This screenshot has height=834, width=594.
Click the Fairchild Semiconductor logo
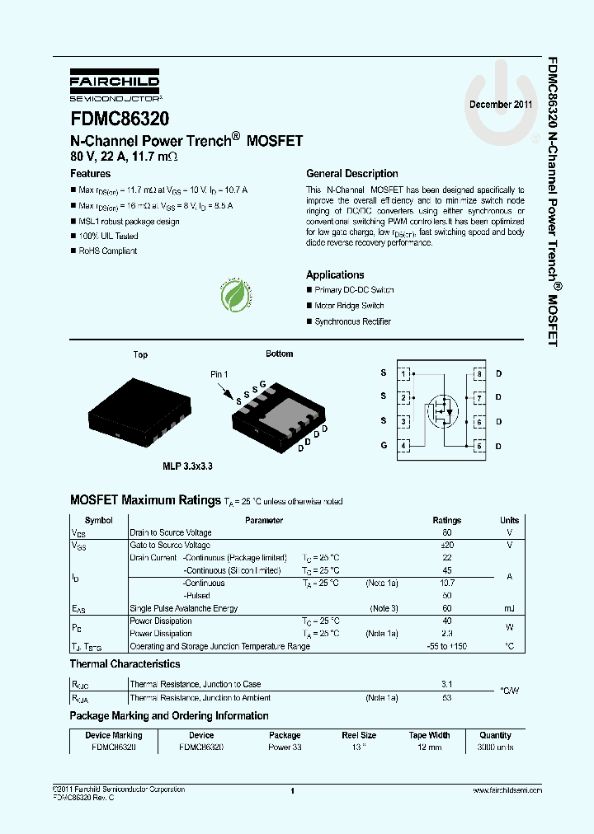click(115, 85)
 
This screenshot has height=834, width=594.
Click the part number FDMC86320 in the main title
click(119, 119)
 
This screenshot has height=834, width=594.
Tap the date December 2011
click(501, 105)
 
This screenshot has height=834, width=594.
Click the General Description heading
click(351, 174)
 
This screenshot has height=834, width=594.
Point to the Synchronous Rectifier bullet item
click(352, 321)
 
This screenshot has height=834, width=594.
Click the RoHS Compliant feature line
click(107, 251)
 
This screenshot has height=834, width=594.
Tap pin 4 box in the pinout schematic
click(403, 446)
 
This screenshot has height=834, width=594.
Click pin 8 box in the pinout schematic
click(478, 373)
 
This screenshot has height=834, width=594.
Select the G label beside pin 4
click(384, 446)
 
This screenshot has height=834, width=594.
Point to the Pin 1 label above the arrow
click(219, 374)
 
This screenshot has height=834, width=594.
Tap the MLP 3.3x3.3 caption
click(187, 466)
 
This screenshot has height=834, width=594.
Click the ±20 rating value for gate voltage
click(447, 545)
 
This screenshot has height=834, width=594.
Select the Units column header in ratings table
click(509, 520)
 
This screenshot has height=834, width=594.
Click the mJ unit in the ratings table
click(509, 608)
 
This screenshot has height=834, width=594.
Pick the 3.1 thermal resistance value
click(447, 684)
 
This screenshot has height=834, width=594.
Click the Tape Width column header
click(429, 735)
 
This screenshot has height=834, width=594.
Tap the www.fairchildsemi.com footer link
click(507, 790)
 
